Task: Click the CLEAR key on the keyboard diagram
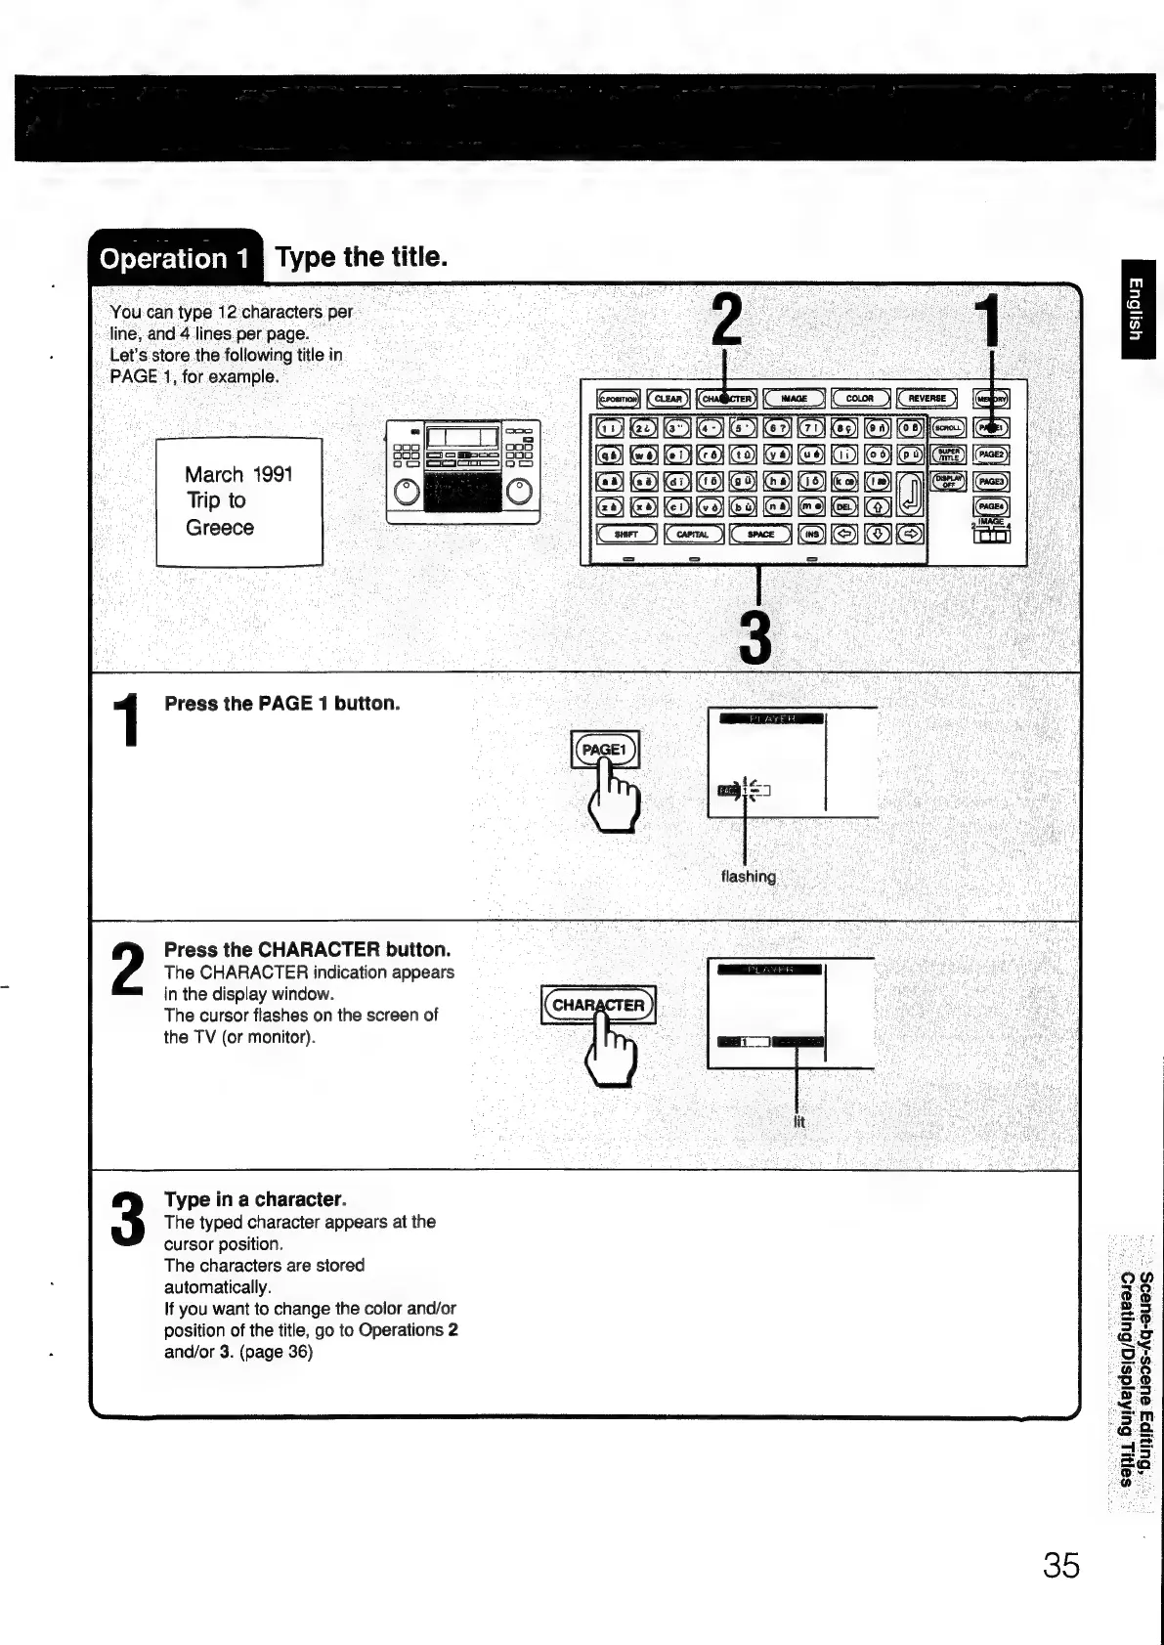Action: (668, 399)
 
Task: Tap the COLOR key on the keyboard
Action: (860, 399)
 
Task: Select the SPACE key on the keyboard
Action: (760, 534)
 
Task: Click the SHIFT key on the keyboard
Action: (625, 534)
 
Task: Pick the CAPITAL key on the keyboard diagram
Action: (693, 534)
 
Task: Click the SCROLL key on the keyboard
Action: (947, 428)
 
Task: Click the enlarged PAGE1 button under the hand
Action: (603, 751)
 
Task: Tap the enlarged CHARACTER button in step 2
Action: (598, 1005)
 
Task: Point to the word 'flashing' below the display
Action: (748, 877)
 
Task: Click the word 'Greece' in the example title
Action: (220, 528)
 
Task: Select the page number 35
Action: (1060, 1566)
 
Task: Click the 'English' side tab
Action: (1134, 308)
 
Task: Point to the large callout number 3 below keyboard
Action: (756, 637)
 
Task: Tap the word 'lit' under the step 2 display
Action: (798, 1122)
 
